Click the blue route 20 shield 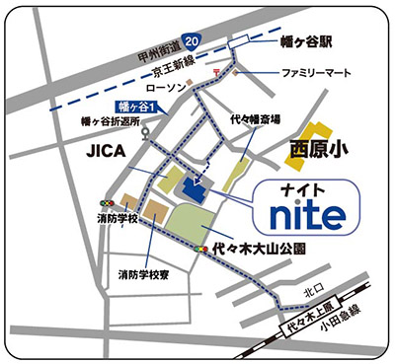point(191,38)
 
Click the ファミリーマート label point(316,74)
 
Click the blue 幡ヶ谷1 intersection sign point(134,104)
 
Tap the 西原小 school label point(322,150)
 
